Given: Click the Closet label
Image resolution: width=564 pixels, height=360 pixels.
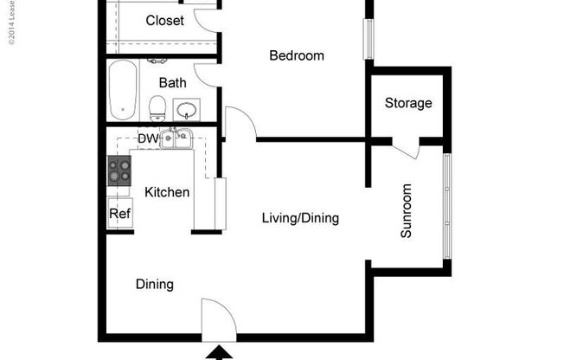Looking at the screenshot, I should point(164,21).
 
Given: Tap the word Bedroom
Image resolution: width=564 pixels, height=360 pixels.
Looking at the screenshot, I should point(297,56).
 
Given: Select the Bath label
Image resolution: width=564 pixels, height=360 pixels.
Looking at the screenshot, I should point(172,83).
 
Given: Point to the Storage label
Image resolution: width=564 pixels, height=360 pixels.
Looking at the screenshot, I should point(408,104).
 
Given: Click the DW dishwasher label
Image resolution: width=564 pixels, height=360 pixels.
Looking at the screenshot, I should point(147,138).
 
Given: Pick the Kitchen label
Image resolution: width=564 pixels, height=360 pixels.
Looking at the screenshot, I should point(167,192).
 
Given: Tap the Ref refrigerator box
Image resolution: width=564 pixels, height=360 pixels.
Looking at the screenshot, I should point(119,214).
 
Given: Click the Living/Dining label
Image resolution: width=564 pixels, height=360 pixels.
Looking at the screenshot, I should point(300,219).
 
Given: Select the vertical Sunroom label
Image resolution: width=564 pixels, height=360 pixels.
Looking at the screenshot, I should point(407,210).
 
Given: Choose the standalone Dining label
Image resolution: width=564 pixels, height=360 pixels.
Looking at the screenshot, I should point(155,284).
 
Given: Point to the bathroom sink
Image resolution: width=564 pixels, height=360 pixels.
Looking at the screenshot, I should point(186,110).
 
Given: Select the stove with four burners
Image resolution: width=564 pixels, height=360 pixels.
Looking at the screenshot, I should point(118,170).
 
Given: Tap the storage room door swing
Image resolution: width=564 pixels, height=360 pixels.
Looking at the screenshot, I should point(407,147).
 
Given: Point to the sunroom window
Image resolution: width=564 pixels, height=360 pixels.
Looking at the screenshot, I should point(447,206).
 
